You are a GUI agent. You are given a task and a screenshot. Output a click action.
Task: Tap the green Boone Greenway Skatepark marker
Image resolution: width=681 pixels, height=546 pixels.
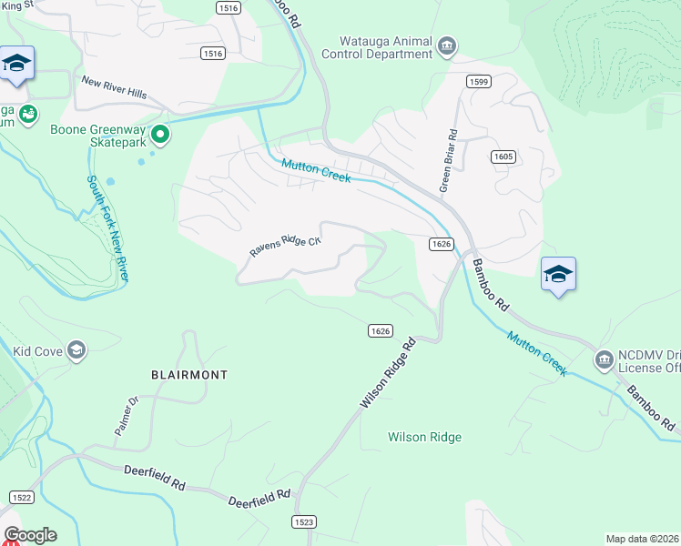160,136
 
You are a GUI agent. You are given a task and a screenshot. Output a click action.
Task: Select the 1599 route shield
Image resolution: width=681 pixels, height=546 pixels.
479,82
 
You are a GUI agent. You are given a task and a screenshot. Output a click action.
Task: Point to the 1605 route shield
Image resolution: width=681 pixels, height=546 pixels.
503,157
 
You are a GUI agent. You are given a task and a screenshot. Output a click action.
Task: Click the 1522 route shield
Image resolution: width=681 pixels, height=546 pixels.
22,496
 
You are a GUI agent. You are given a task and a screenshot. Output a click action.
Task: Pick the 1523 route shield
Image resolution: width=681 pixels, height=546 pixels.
305,521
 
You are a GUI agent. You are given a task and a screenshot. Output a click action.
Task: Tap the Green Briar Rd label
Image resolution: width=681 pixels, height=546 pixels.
448,164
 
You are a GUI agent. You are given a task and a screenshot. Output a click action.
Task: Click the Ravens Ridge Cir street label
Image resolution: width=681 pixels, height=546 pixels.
286,247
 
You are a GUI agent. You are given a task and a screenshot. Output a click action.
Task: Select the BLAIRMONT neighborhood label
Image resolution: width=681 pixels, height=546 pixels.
189,375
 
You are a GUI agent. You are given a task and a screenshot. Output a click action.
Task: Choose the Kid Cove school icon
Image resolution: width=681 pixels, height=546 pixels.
77,350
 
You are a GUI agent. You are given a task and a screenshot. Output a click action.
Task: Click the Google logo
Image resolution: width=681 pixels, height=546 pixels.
30,535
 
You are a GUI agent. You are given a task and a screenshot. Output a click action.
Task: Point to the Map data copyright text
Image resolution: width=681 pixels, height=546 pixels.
642,538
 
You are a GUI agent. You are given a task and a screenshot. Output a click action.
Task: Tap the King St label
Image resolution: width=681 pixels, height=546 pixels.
15,5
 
